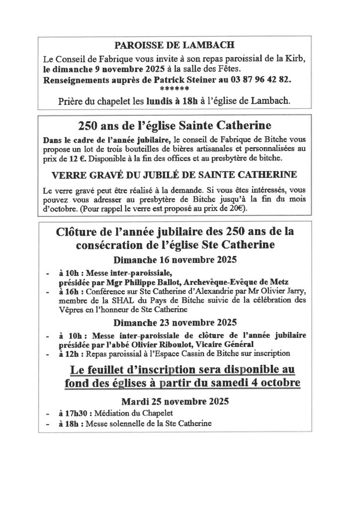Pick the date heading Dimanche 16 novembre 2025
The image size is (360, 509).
[x=176, y=260]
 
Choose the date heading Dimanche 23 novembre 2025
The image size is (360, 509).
[x=176, y=322]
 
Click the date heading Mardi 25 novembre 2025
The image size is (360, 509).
[x=174, y=401]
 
